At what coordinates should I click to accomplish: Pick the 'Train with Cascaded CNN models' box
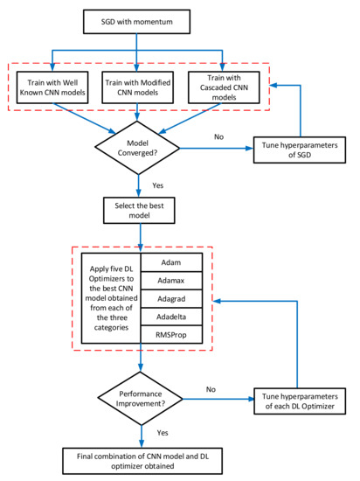(x=224, y=87)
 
